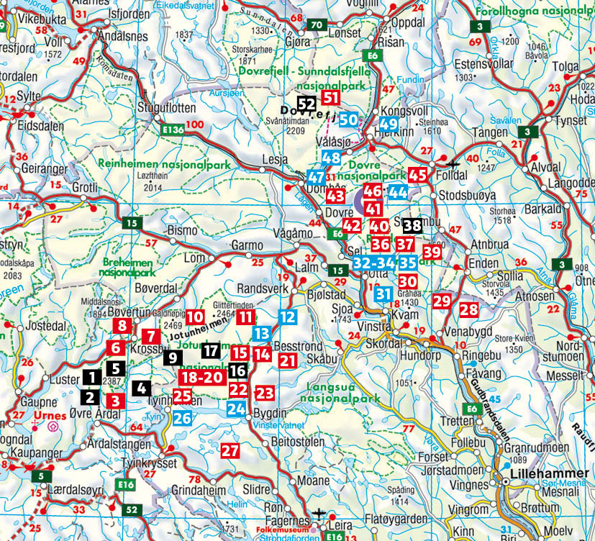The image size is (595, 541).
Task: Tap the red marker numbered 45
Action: pos(417,174)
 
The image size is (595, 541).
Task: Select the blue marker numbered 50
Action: pos(349,119)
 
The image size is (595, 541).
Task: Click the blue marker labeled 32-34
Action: pos(374,263)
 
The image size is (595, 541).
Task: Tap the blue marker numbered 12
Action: pos(287,317)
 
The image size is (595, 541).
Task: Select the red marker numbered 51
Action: pos(332,98)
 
